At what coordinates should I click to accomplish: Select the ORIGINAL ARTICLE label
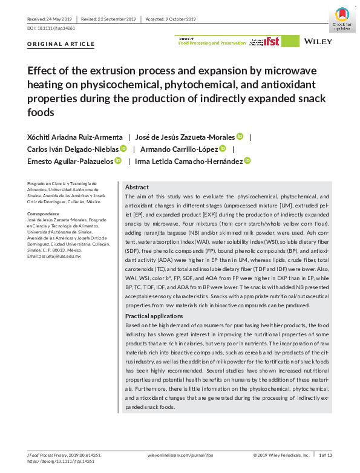53,44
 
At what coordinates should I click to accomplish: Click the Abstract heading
137,187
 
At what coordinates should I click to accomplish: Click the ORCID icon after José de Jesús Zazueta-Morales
240,137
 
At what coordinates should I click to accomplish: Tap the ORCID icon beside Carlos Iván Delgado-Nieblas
123,149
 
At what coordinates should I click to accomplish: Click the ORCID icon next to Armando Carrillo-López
223,149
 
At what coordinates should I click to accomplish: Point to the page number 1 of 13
327,454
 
